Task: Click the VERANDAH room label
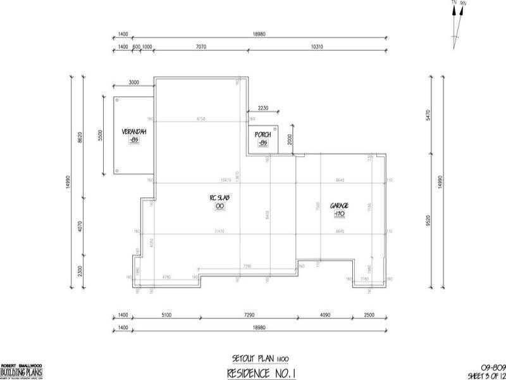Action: click(134, 132)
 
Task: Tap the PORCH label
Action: click(263, 135)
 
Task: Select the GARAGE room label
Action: click(340, 205)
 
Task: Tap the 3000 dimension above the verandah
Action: click(133, 82)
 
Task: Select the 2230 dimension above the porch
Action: click(262, 108)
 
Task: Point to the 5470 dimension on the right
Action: click(429, 115)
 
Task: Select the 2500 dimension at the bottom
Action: click(369, 314)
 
